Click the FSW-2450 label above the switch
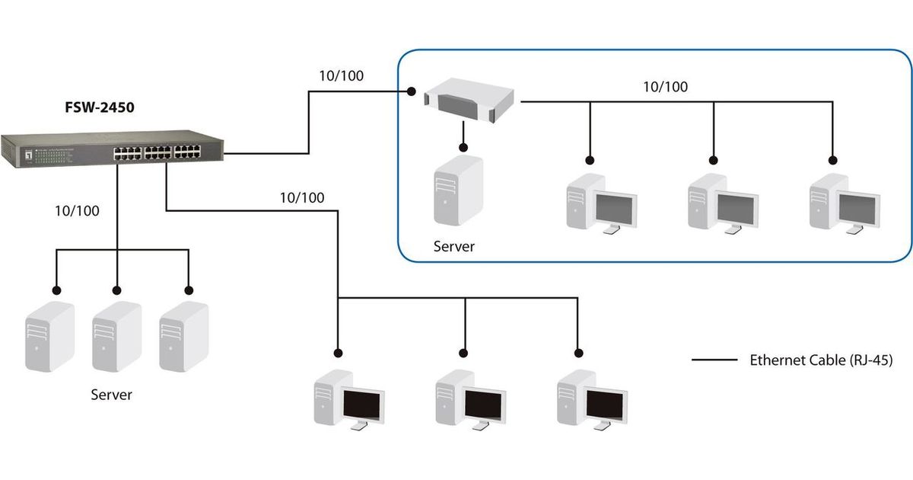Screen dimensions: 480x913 pos(100,107)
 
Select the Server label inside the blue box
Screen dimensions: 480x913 pos(454,246)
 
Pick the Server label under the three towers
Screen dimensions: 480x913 pos(112,395)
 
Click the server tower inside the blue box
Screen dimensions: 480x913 pos(458,190)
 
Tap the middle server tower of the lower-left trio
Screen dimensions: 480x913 pos(116,336)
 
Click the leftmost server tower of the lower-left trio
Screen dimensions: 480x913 pos(50,336)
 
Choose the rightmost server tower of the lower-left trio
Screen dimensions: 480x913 pos(183,336)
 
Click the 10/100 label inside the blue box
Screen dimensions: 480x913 pos(665,87)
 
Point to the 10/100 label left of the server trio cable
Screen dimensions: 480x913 pos(78,210)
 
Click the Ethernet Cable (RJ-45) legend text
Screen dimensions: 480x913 pos(821,360)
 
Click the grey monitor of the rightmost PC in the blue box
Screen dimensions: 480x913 pos(859,206)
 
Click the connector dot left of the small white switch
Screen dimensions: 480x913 pos(411,91)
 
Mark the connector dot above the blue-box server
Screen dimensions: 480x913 pos(462,141)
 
